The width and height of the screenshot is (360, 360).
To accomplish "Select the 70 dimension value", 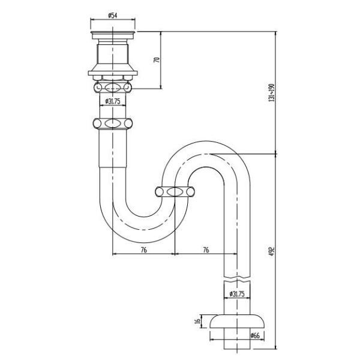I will (x=156, y=59).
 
